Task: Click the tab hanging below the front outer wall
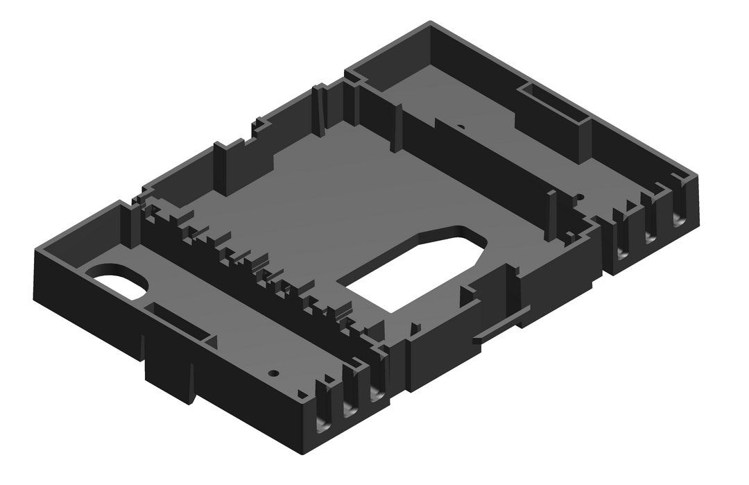(170, 378)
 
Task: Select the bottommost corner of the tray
(304, 454)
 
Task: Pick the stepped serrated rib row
(257, 267)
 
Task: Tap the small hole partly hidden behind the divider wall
(459, 127)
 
